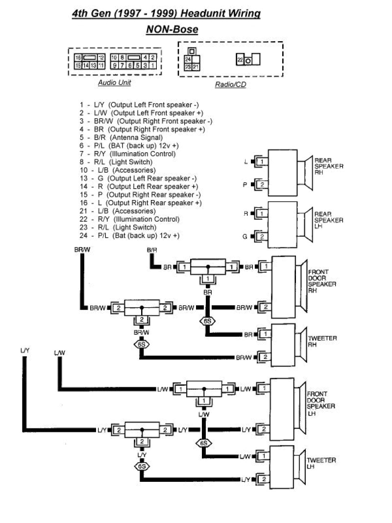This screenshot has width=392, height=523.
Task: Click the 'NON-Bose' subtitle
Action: click(x=172, y=30)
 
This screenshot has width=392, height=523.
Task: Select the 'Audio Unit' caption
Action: click(x=114, y=83)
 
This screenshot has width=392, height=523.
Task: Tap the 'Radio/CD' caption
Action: click(x=230, y=84)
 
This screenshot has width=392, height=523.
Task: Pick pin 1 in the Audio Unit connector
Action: click(x=153, y=65)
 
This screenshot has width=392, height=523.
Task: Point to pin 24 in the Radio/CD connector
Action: click(x=188, y=59)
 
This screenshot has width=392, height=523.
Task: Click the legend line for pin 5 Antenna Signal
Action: click(x=121, y=137)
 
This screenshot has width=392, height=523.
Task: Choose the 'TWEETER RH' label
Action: click(x=321, y=341)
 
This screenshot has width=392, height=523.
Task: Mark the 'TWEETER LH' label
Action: click(x=321, y=463)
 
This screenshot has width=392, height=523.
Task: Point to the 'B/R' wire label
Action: click(x=152, y=250)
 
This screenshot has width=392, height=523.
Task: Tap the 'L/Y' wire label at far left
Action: click(x=24, y=350)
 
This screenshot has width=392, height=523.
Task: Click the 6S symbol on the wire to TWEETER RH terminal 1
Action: click(x=207, y=322)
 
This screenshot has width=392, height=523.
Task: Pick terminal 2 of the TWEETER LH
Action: click(x=264, y=479)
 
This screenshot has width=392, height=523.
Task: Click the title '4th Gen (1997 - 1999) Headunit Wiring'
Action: click(x=166, y=15)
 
